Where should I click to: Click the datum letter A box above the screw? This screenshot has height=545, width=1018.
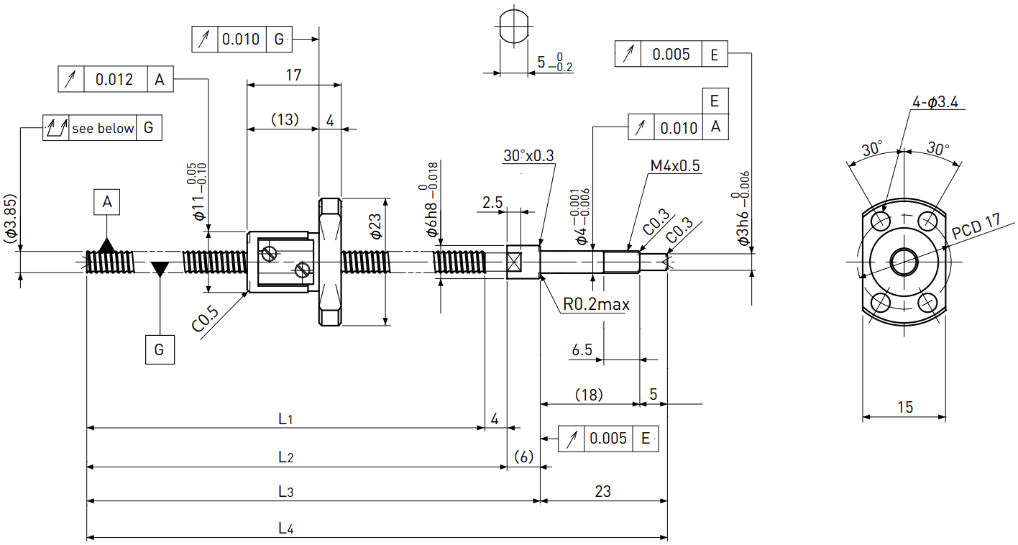pos(107,202)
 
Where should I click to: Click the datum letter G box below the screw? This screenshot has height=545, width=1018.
pos(160,349)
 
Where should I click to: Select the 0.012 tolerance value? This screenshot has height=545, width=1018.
pos(114,80)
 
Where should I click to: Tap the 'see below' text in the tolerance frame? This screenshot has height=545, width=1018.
pos(103,128)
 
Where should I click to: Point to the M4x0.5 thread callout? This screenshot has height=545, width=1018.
pos(675,166)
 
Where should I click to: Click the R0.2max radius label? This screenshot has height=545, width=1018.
pos(596,304)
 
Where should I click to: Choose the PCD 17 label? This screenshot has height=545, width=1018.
pos(976,226)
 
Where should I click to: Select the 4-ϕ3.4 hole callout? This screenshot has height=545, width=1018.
pos(935,102)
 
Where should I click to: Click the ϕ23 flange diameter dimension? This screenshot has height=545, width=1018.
pos(376,226)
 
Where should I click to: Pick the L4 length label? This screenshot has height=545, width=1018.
pos(286,528)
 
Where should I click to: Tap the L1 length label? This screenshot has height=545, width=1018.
pos(285,418)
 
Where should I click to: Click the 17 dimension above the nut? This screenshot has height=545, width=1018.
pos(293,75)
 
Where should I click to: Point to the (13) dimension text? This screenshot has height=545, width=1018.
pos(285,119)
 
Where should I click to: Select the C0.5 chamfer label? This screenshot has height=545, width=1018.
pos(205,319)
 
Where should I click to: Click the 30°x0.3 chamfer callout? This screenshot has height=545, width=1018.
pos(528,156)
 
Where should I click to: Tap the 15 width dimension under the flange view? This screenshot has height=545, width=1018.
pos(905,407)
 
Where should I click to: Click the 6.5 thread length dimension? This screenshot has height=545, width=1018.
pos(582,350)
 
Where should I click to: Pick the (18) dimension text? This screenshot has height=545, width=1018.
pos(589,395)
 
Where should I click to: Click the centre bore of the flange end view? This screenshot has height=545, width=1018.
pos(904,262)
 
